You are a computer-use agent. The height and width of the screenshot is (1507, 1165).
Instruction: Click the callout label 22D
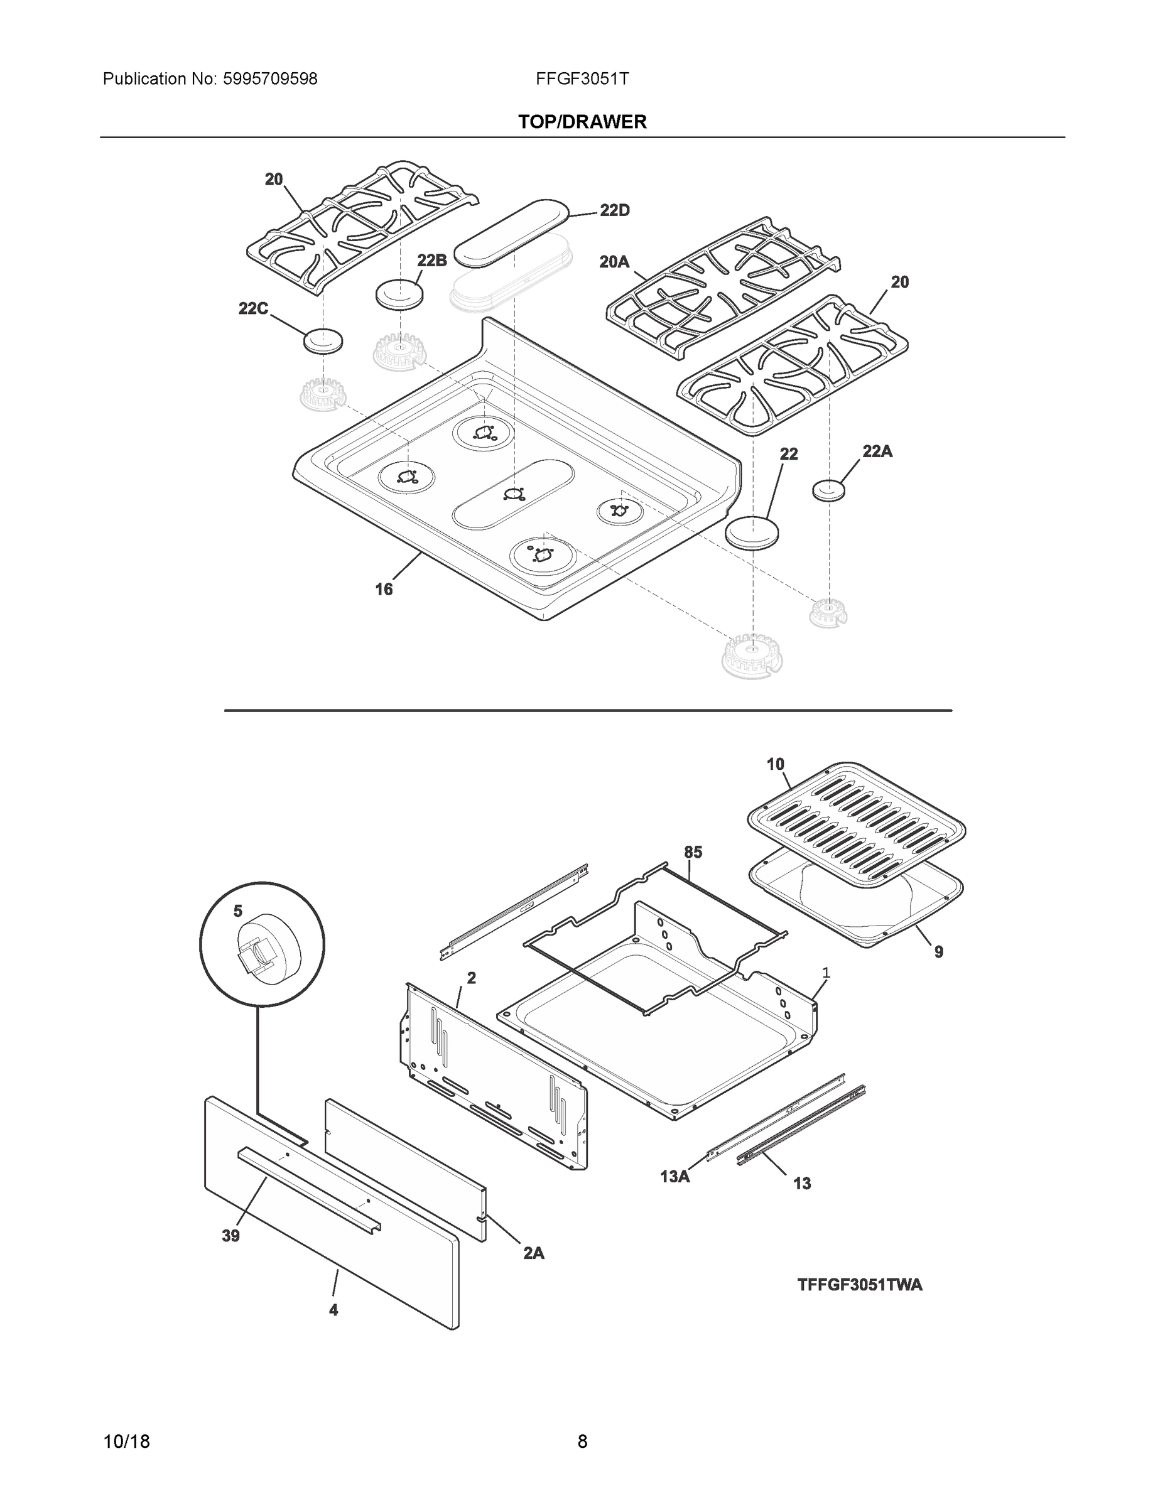[614, 210]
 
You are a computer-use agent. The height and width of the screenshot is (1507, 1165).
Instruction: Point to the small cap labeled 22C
[323, 342]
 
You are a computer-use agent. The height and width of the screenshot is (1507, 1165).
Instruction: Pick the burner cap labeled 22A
[828, 490]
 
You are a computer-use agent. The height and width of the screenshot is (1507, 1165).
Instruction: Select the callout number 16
[384, 589]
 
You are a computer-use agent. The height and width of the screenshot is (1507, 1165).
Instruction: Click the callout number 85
[693, 852]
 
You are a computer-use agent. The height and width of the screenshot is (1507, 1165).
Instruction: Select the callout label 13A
[675, 1177]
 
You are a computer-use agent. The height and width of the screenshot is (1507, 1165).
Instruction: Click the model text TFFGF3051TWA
[859, 1285]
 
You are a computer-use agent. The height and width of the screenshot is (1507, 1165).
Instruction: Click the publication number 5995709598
[270, 79]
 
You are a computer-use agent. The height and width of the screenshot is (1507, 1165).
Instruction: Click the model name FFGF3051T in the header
[582, 79]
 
